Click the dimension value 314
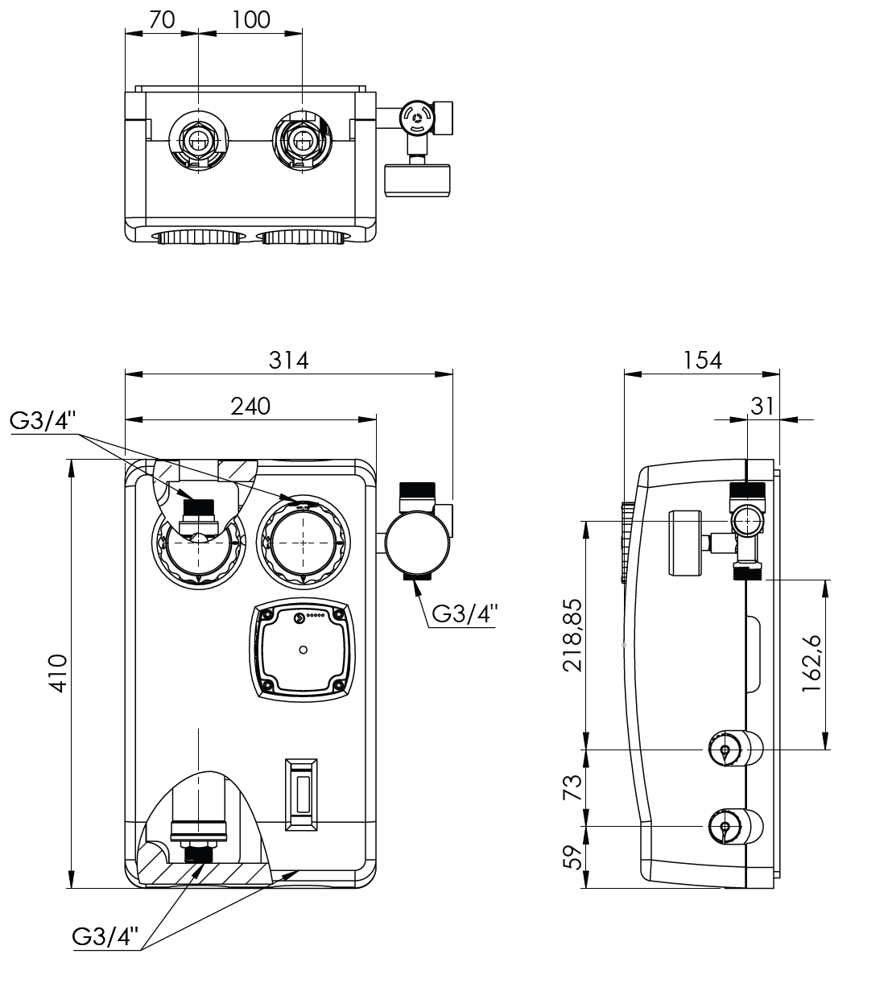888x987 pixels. (289, 360)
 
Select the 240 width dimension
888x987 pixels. (250, 406)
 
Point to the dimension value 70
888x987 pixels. (162, 20)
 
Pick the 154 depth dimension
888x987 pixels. (702, 360)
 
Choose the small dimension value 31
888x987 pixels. (762, 407)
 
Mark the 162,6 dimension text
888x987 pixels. (811, 664)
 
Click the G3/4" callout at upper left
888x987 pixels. (44, 421)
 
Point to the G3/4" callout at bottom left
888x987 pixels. (105, 936)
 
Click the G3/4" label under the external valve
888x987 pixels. (465, 613)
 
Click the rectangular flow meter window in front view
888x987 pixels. (302, 793)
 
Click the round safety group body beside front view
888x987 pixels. (416, 543)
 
